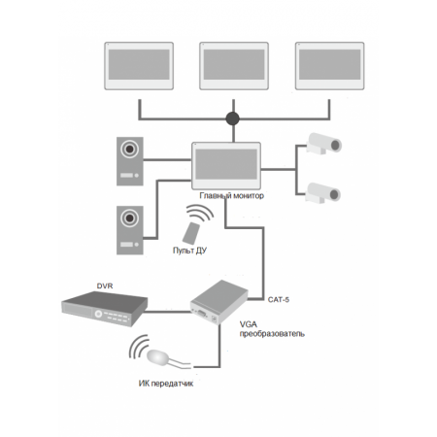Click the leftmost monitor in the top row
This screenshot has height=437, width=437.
(139, 66)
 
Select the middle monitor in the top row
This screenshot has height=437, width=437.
(234, 66)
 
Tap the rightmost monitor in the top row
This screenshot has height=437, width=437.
(329, 66)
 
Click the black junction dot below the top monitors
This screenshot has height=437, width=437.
(232, 118)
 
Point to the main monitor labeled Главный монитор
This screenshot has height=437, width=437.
(226, 166)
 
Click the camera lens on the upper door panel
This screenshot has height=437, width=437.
(129, 150)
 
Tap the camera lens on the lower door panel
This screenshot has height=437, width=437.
(129, 218)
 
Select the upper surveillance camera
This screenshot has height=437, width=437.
(323, 143)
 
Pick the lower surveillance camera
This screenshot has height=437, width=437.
(322, 193)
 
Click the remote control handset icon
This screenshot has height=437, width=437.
(191, 233)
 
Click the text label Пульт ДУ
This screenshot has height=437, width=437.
(189, 251)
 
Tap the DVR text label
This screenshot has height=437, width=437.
(105, 286)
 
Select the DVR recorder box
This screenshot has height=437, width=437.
(104, 309)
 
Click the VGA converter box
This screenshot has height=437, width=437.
(219, 302)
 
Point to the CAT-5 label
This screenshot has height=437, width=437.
(279, 300)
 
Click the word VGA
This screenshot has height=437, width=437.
(249, 324)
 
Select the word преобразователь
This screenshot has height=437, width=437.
(272, 334)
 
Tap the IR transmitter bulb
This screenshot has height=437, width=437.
(157, 356)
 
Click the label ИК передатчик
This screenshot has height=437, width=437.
(166, 384)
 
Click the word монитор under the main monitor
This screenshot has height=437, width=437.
(249, 196)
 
